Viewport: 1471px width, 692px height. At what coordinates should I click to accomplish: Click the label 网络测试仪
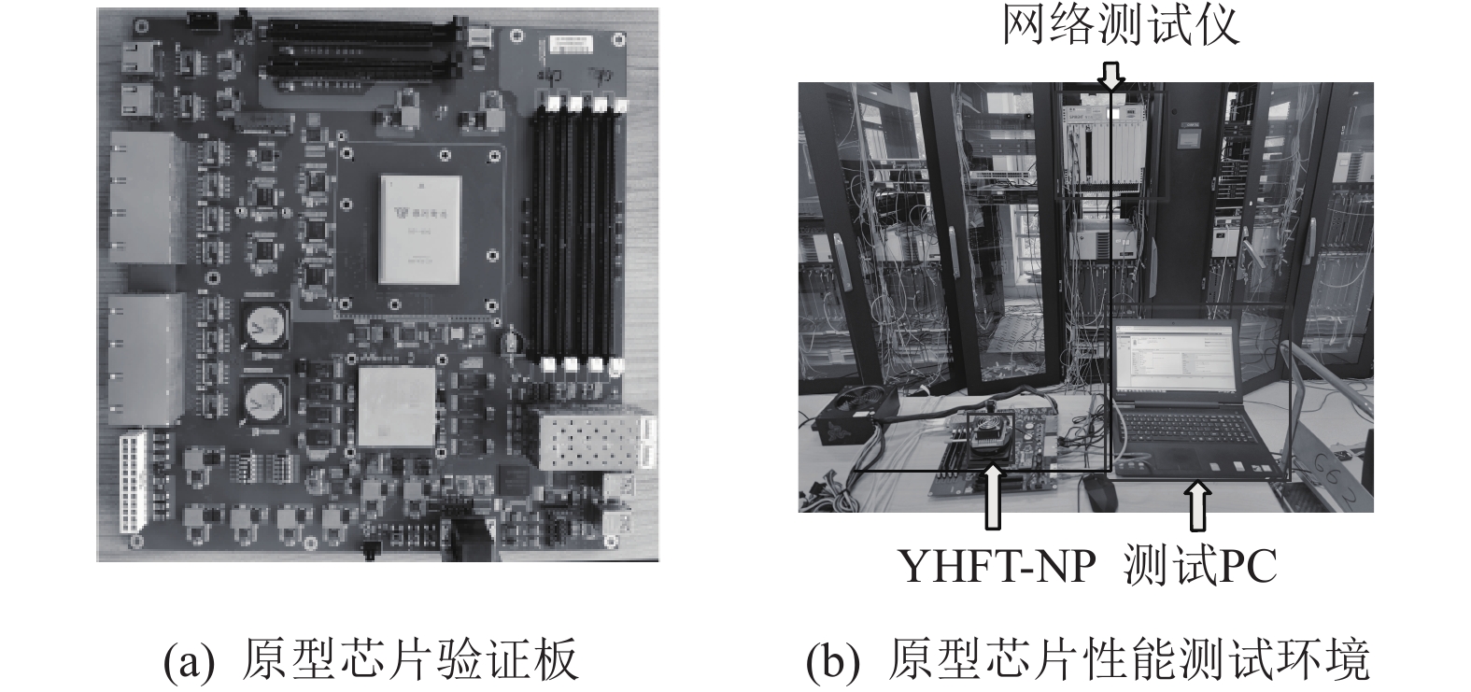click(x=1121, y=25)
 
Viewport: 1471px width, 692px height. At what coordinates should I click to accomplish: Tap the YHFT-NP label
click(x=997, y=567)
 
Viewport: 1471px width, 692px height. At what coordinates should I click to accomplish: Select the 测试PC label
click(x=1200, y=566)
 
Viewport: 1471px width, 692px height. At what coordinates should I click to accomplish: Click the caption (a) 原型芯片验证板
click(x=372, y=658)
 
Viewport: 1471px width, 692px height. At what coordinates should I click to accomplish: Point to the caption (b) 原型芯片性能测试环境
click(x=1088, y=658)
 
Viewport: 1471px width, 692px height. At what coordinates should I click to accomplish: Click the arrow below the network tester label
click(x=1111, y=77)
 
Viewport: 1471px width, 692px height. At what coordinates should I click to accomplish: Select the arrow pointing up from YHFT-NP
click(x=994, y=496)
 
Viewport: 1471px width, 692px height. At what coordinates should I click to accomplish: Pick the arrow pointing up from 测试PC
click(x=1199, y=506)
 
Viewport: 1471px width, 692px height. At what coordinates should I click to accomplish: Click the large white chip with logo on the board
click(x=419, y=230)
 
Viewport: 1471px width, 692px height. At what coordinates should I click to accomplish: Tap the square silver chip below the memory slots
click(x=397, y=407)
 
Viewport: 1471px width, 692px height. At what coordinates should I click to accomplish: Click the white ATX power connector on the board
click(x=134, y=485)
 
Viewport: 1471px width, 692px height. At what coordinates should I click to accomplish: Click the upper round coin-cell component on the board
click(x=265, y=324)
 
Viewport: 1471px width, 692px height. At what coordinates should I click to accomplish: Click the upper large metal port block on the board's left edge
click(x=144, y=198)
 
